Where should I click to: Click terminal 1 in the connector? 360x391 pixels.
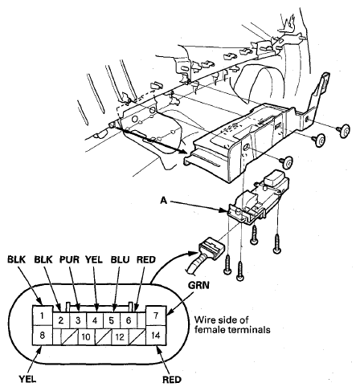click(x=43, y=316)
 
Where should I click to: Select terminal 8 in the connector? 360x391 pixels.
click(x=43, y=335)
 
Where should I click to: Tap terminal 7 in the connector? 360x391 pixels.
click(x=156, y=316)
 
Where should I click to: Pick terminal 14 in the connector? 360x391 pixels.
click(x=156, y=335)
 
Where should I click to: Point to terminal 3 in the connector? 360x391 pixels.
click(x=78, y=320)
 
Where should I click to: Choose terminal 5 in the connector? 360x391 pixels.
click(x=112, y=320)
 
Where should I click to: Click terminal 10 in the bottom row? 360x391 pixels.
click(x=86, y=336)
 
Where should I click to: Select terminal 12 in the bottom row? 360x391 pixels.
click(x=120, y=336)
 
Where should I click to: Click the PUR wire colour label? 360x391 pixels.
click(x=69, y=259)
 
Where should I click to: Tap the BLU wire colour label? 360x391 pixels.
click(x=121, y=259)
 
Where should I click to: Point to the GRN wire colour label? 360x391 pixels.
click(x=198, y=285)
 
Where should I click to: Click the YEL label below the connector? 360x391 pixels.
click(x=27, y=379)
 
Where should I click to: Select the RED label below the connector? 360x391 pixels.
click(x=172, y=380)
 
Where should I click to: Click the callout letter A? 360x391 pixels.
click(x=164, y=200)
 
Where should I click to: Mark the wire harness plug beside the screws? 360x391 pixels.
click(x=211, y=249)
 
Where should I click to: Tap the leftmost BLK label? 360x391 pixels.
click(x=16, y=259)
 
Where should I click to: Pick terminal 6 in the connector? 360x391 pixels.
click(x=129, y=320)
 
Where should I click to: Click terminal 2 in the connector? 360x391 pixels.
click(x=61, y=320)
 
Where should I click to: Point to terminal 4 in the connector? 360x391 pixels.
click(x=95, y=320)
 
